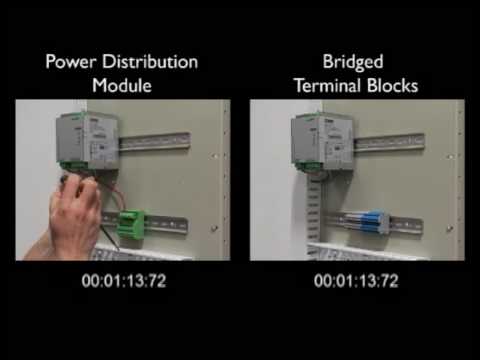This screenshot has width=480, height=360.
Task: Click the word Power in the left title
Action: (71, 62)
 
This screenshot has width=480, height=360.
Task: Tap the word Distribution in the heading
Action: (150, 62)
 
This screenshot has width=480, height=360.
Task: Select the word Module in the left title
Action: (122, 85)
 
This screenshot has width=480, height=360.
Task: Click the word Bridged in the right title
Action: (353, 62)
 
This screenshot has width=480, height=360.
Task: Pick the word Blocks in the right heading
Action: (393, 85)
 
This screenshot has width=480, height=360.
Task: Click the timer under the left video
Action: (124, 281)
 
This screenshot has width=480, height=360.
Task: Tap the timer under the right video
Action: (356, 281)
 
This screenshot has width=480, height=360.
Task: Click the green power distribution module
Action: (132, 223)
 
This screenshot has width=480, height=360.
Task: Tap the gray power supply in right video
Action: (322, 139)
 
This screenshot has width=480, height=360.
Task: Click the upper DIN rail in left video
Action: (155, 142)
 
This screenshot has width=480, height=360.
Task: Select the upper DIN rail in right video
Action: (389, 142)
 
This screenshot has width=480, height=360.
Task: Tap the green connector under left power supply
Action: (73, 165)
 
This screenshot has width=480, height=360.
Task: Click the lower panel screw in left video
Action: (214, 228)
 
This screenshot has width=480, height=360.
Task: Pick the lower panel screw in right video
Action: (449, 228)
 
